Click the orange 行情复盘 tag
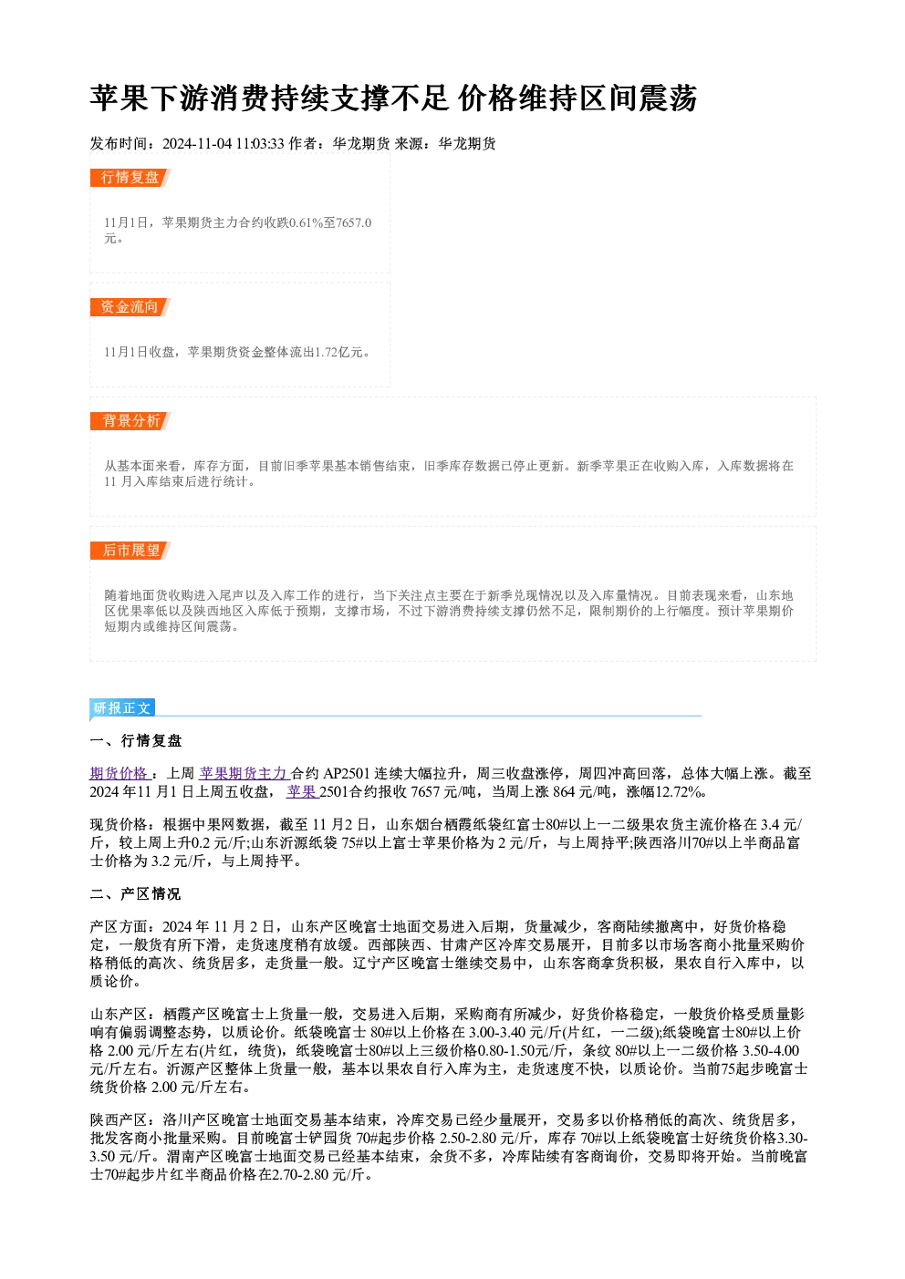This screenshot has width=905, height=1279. [130, 178]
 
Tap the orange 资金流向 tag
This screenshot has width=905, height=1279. [130, 307]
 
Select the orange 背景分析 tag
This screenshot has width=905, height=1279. [130, 421]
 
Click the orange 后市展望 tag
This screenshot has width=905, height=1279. [130, 551]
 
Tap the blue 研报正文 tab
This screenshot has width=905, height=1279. [122, 708]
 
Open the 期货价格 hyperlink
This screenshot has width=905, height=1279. [120, 774]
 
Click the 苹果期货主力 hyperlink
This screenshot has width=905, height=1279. [244, 774]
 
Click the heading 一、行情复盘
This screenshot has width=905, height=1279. [136, 741]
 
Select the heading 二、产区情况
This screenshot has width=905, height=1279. [136, 894]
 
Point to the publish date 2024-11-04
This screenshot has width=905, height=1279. [197, 144]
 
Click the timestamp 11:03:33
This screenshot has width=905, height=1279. [260, 144]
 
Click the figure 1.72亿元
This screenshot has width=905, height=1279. [343, 352]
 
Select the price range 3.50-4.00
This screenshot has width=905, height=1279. [771, 1050]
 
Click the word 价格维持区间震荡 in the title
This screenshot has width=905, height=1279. [577, 98]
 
